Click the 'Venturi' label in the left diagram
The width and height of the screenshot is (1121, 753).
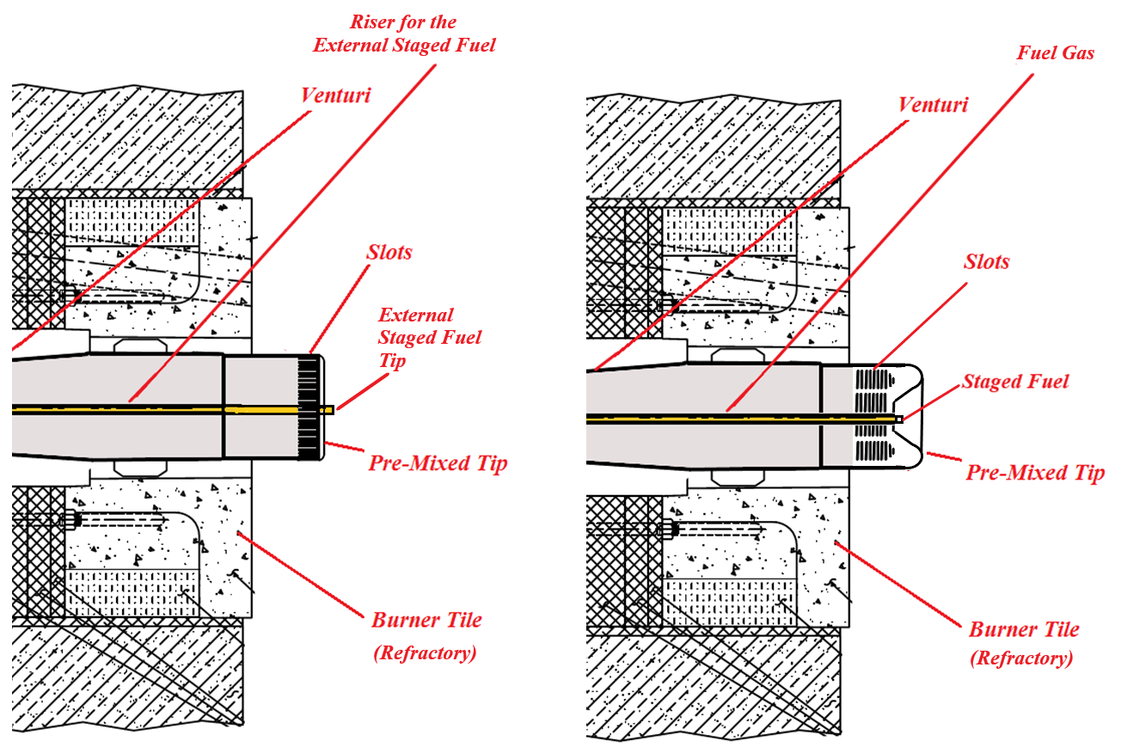click(335, 95)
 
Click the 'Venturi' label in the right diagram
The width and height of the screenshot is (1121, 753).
click(933, 105)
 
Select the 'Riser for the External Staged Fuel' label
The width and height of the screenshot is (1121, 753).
click(404, 34)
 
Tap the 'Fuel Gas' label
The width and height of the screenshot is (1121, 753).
click(1056, 53)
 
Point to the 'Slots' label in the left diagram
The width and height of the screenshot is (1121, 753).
click(389, 252)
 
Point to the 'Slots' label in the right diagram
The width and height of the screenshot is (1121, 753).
click(986, 261)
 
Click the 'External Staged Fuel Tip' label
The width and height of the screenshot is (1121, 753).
click(429, 337)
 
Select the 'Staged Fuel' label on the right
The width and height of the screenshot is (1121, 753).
click(1015, 381)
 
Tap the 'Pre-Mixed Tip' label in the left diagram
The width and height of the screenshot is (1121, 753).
click(438, 463)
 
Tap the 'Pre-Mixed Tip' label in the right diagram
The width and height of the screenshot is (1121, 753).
click(1035, 472)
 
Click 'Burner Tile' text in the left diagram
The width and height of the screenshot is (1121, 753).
click(426, 620)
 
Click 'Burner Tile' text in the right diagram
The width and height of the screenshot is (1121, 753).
click(1024, 629)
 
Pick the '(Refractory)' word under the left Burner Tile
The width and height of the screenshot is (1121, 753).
click(425, 652)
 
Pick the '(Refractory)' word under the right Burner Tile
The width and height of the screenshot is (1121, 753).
click(1021, 659)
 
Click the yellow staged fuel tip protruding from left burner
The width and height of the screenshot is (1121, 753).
click(327, 410)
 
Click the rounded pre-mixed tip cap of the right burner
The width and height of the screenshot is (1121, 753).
click(913, 418)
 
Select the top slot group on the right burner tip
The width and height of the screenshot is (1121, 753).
click(873, 379)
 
